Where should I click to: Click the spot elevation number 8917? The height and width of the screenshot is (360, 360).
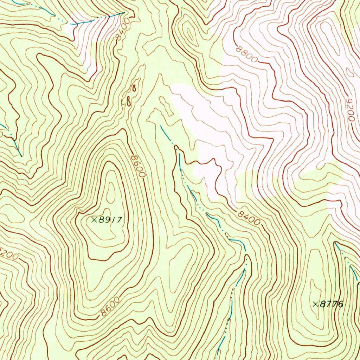point(110,220)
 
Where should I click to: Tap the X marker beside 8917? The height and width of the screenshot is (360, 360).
point(94,220)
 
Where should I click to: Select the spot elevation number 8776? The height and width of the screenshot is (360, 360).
point(331,304)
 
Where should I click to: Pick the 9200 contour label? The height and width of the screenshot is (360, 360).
point(349,110)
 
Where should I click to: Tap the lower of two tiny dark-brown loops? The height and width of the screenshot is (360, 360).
point(129,102)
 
